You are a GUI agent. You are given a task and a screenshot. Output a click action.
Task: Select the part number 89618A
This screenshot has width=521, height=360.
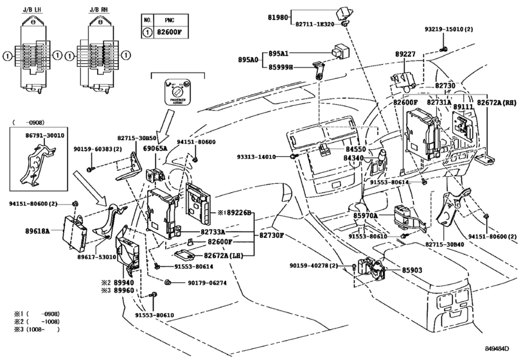click(x=37, y=230)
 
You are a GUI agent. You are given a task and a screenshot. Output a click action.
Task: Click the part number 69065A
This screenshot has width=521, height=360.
click(x=154, y=148)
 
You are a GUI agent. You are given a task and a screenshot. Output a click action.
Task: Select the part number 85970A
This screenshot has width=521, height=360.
click(x=366, y=217)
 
